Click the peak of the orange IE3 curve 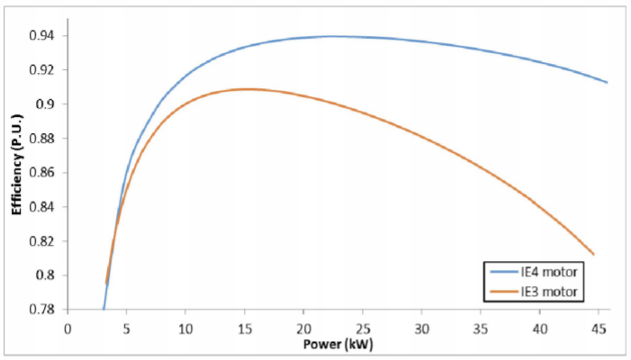click(247, 89)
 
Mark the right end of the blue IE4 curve click(608, 83)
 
